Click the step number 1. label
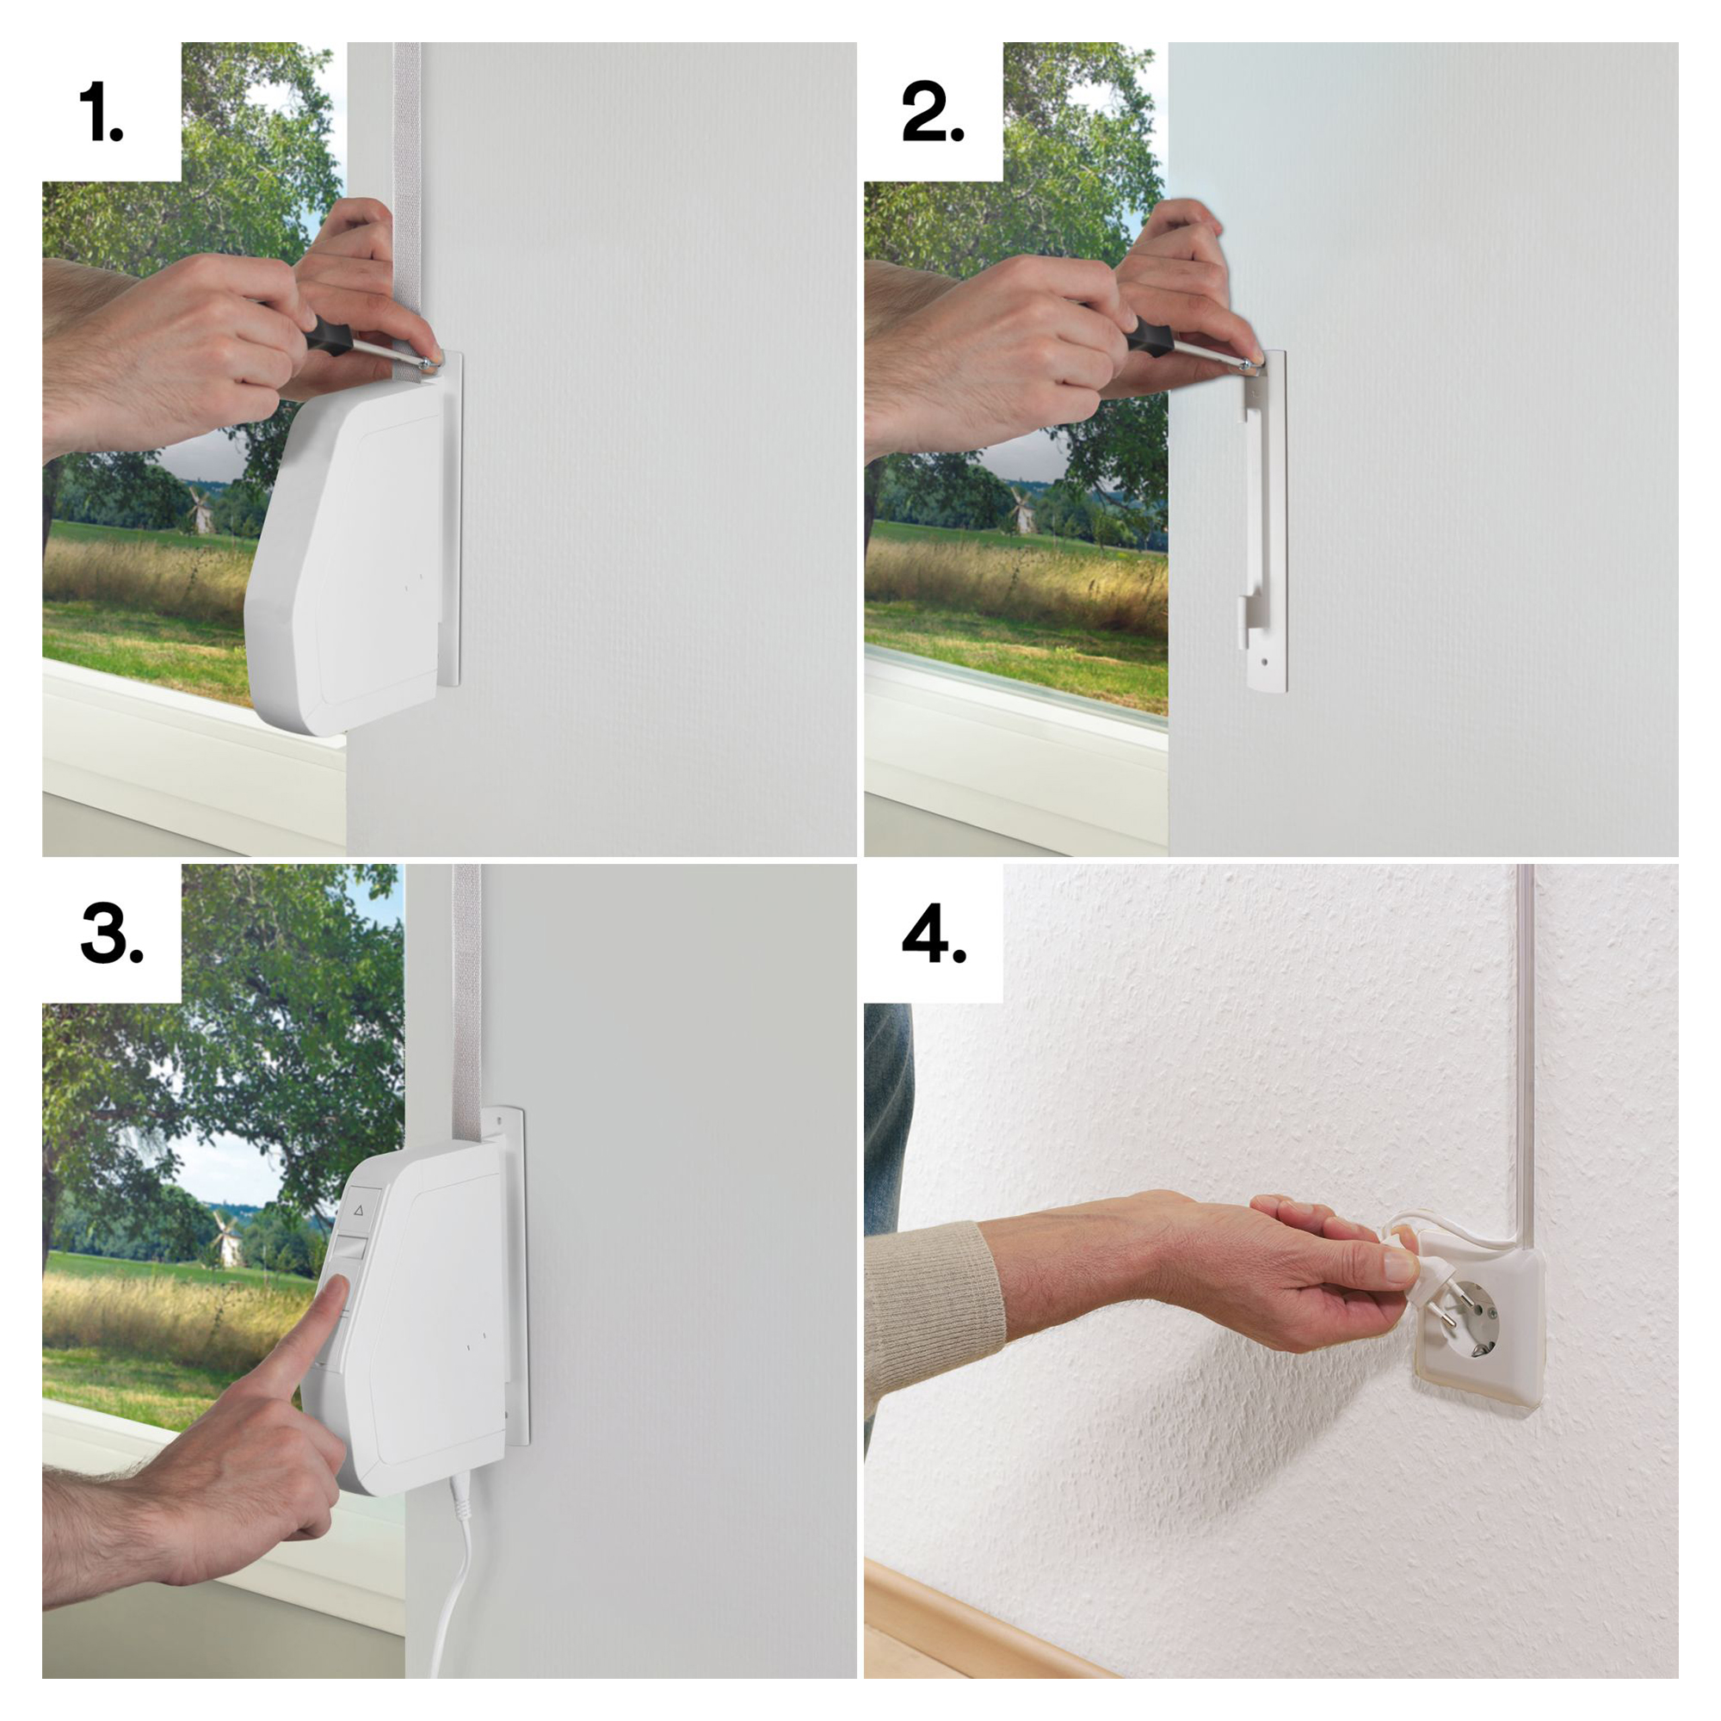point(101,112)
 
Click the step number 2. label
point(932,112)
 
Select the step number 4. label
point(934,935)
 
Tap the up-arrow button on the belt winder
point(360,1210)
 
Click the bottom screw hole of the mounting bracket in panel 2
point(1266,663)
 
